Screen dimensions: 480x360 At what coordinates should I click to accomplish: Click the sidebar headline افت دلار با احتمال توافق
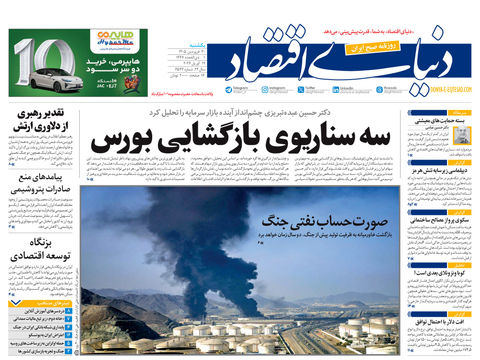click(x=438, y=320)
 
